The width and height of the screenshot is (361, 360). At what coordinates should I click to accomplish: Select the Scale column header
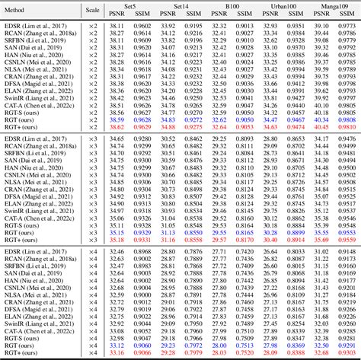pyautogui.click(x=92, y=11)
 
